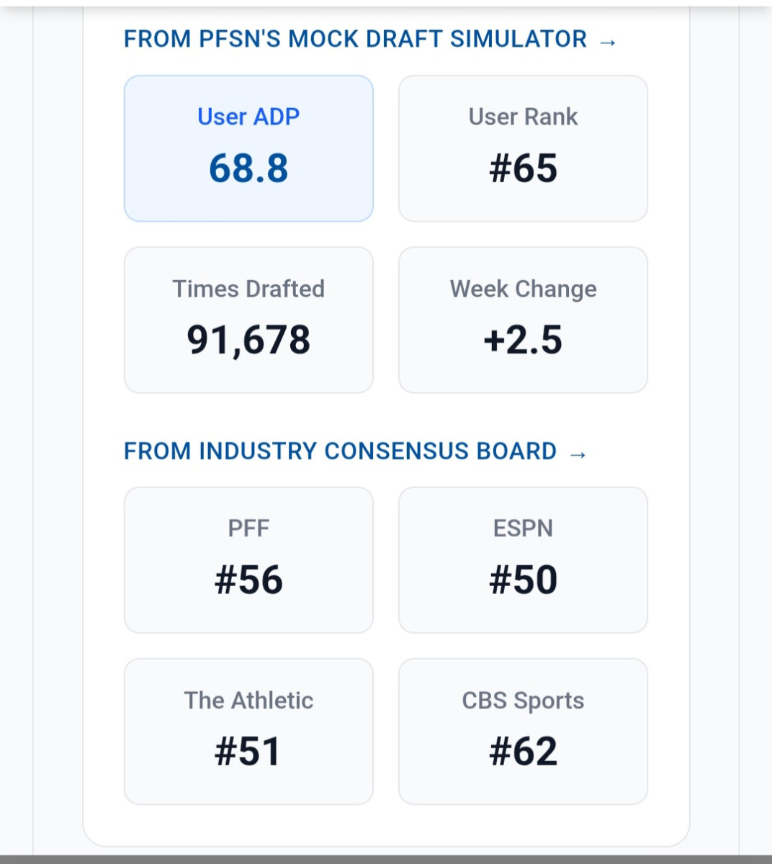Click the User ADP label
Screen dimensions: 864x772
(x=248, y=117)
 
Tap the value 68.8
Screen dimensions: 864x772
(x=248, y=168)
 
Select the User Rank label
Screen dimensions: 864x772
(x=523, y=117)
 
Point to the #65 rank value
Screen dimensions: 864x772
(x=523, y=168)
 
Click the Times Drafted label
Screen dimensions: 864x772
(x=248, y=289)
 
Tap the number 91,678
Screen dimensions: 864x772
(x=248, y=340)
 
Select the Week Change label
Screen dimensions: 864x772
(x=523, y=289)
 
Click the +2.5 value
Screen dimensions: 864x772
(x=523, y=340)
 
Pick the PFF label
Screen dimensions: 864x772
(x=248, y=528)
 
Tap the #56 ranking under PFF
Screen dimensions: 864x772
(x=248, y=580)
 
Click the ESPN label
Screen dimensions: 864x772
(x=523, y=528)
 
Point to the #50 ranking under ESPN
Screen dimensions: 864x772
(x=523, y=580)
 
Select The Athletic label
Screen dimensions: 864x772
(x=248, y=701)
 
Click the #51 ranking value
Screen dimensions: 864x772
(x=248, y=752)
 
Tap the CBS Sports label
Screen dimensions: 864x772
(x=523, y=701)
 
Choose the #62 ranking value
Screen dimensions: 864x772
(x=523, y=752)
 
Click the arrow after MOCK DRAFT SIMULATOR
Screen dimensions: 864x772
(x=608, y=42)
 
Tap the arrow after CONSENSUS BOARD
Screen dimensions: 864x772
(x=578, y=454)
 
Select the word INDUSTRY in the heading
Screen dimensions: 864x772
(x=258, y=451)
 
